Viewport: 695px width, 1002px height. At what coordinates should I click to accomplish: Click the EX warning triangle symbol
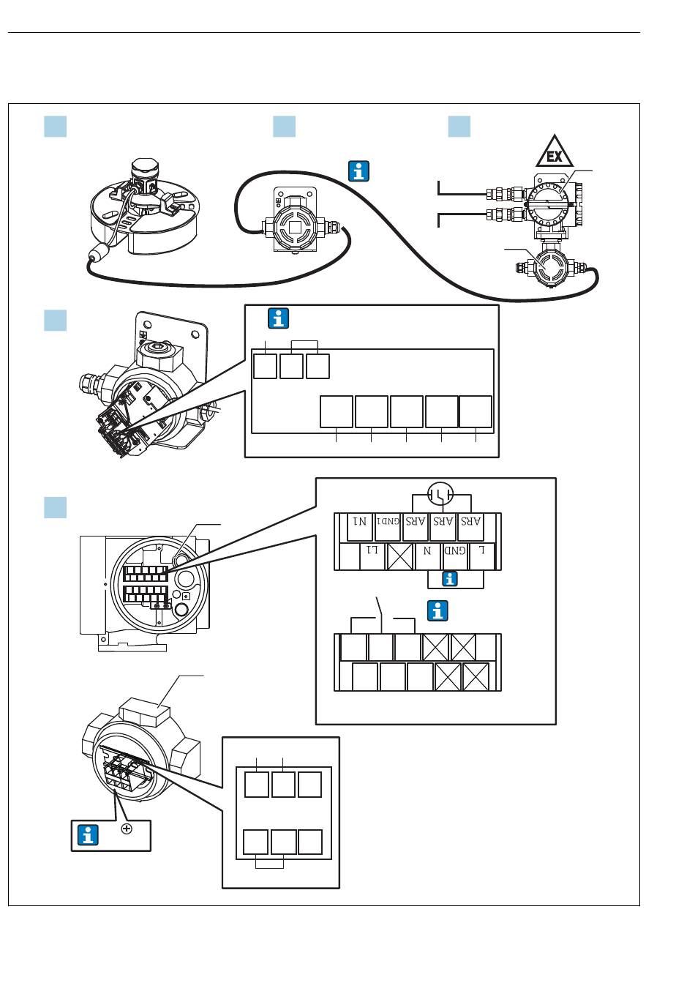tap(555, 153)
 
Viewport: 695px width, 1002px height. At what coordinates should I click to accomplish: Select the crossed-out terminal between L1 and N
tap(400, 556)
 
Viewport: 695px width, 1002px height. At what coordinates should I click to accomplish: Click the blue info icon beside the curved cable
tap(358, 171)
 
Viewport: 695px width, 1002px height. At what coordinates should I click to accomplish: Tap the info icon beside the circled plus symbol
tap(88, 835)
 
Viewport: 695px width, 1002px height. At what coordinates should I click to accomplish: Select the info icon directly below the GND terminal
tap(450, 579)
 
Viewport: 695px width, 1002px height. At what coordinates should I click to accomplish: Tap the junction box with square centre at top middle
tap(294, 223)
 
